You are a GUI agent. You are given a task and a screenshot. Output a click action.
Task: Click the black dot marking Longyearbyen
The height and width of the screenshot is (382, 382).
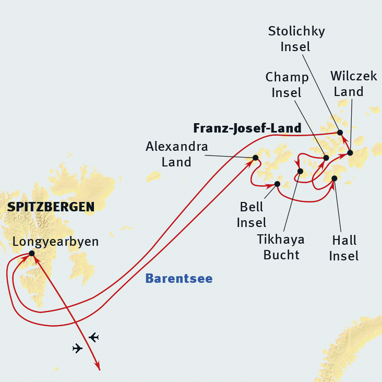tap(32, 254)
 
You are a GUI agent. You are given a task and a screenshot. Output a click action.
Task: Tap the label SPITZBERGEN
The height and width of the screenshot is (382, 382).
tap(51, 207)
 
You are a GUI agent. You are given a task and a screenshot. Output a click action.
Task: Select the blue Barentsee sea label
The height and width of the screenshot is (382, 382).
tap(178, 279)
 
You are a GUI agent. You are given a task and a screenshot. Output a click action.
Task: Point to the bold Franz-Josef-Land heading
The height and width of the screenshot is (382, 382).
tap(247, 128)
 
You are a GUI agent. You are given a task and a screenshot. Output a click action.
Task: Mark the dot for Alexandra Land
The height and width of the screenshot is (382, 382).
tap(256, 158)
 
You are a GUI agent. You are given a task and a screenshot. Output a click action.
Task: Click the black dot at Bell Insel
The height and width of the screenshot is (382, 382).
tap(277, 184)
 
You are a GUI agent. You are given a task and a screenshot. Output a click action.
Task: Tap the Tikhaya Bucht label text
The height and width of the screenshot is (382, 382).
tap(281, 247)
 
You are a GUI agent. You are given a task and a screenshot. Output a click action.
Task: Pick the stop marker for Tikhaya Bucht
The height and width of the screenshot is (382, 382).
tap(300, 171)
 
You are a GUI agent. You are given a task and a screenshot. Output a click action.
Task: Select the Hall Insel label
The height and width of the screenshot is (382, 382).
tap(344, 248)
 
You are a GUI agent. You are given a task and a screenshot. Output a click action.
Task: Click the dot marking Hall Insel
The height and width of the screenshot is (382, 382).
tap(335, 179)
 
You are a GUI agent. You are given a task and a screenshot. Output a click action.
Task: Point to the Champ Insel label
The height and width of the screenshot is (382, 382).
tap(287, 85)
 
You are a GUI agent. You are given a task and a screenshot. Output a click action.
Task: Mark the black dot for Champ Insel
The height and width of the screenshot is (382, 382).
tap(326, 158)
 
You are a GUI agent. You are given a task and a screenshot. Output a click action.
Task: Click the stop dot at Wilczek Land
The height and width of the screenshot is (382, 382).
tap(350, 153)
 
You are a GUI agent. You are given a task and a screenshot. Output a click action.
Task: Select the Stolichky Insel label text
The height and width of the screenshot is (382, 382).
tap(296, 39)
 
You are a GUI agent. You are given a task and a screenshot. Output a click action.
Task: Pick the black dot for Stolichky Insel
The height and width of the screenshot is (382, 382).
tap(340, 133)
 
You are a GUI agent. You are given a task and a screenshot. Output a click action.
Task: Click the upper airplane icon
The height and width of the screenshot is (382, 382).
tap(94, 337)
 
